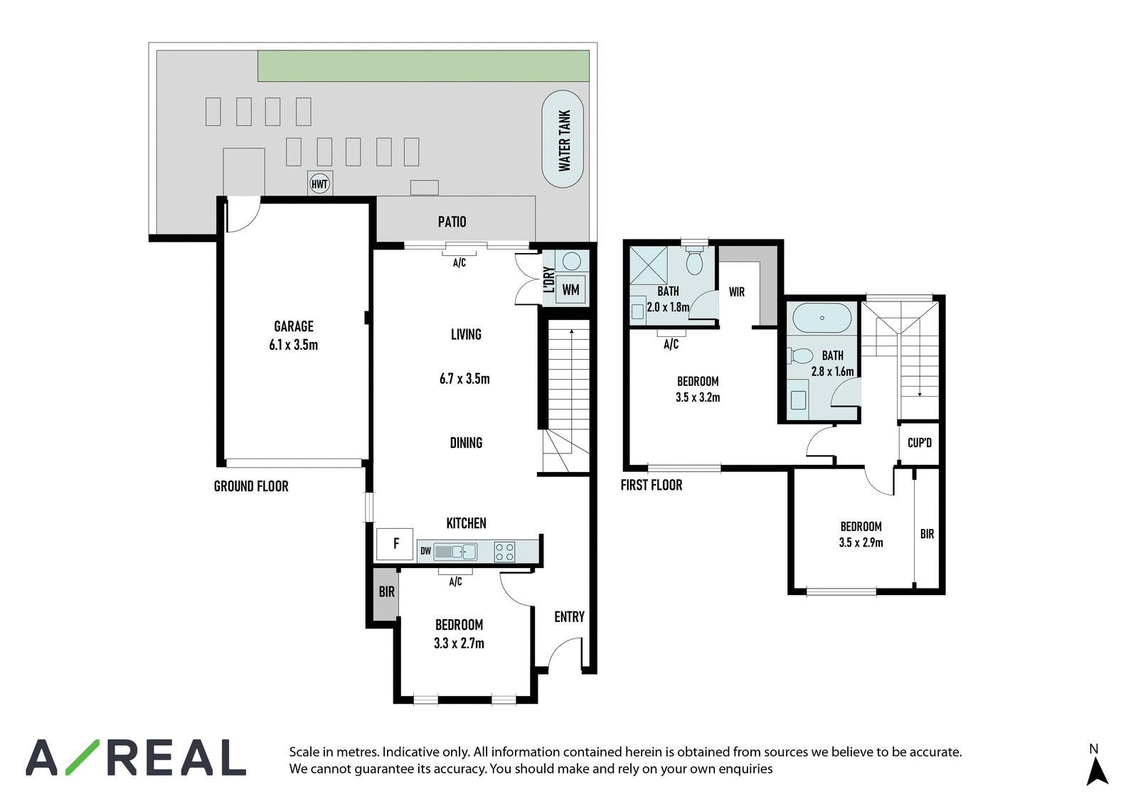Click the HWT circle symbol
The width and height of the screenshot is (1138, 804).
point(319,184)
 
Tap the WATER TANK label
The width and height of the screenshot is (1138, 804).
point(565,141)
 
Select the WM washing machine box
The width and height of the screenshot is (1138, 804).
point(570,289)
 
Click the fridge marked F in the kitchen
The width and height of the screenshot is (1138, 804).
point(395,544)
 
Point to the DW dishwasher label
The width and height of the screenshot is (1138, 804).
point(426,551)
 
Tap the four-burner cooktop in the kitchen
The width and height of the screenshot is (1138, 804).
point(504,552)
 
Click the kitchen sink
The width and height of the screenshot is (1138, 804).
point(455,551)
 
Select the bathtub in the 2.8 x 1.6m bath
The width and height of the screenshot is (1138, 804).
point(821,318)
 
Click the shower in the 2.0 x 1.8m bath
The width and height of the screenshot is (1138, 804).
point(648,265)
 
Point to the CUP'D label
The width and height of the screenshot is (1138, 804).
point(920,443)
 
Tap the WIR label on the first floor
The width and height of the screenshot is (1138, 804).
point(737,292)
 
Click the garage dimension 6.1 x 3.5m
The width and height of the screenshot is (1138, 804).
point(294,345)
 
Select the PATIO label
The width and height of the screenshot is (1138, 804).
point(452,222)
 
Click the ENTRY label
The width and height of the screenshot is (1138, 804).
point(570,616)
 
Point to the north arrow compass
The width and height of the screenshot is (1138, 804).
point(1097,767)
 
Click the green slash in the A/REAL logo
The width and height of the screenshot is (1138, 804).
point(83,757)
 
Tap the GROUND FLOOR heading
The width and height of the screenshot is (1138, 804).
point(251,486)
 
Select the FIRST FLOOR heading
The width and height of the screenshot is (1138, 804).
point(652,485)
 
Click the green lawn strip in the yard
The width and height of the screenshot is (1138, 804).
point(424,65)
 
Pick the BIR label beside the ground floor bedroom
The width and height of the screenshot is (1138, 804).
point(387,591)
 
